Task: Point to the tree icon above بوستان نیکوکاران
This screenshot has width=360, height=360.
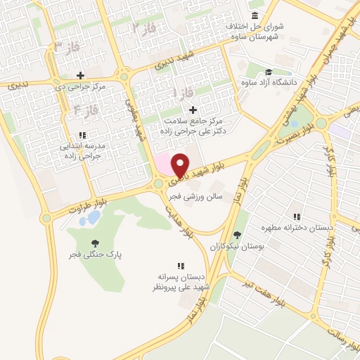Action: pyautogui.click(x=236, y=236)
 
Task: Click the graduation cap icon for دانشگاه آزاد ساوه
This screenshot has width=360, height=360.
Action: pyautogui.click(x=268, y=72)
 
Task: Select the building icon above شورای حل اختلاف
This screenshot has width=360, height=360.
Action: pyautogui.click(x=253, y=15)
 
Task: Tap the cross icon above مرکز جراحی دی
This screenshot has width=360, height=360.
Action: pyautogui.click(x=80, y=75)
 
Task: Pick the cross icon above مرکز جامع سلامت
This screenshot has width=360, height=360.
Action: pyautogui.click(x=193, y=110)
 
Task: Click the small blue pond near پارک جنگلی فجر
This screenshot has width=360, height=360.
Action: pyautogui.click(x=89, y=219)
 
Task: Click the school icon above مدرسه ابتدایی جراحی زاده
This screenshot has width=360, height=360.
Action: pyautogui.click(x=82, y=134)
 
